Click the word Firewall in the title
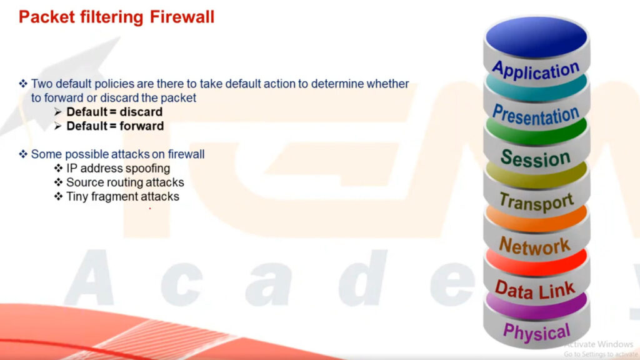[x=182, y=17]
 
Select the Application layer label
[x=536, y=70]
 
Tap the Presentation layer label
[x=536, y=115]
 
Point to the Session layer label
[x=535, y=158]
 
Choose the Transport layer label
[x=536, y=202]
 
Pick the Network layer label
[x=535, y=246]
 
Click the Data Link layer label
[x=535, y=289]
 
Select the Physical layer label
[x=536, y=331]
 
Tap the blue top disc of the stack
[x=536, y=37]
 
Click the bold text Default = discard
[x=115, y=112]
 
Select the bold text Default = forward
[x=115, y=126]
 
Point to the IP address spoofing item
[x=118, y=169]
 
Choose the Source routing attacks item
[x=125, y=182]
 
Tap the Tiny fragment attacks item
[x=123, y=197]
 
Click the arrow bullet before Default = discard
[x=58, y=112]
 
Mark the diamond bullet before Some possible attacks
[x=23, y=154]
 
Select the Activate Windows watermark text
[x=598, y=344]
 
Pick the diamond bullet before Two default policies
[x=23, y=84]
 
